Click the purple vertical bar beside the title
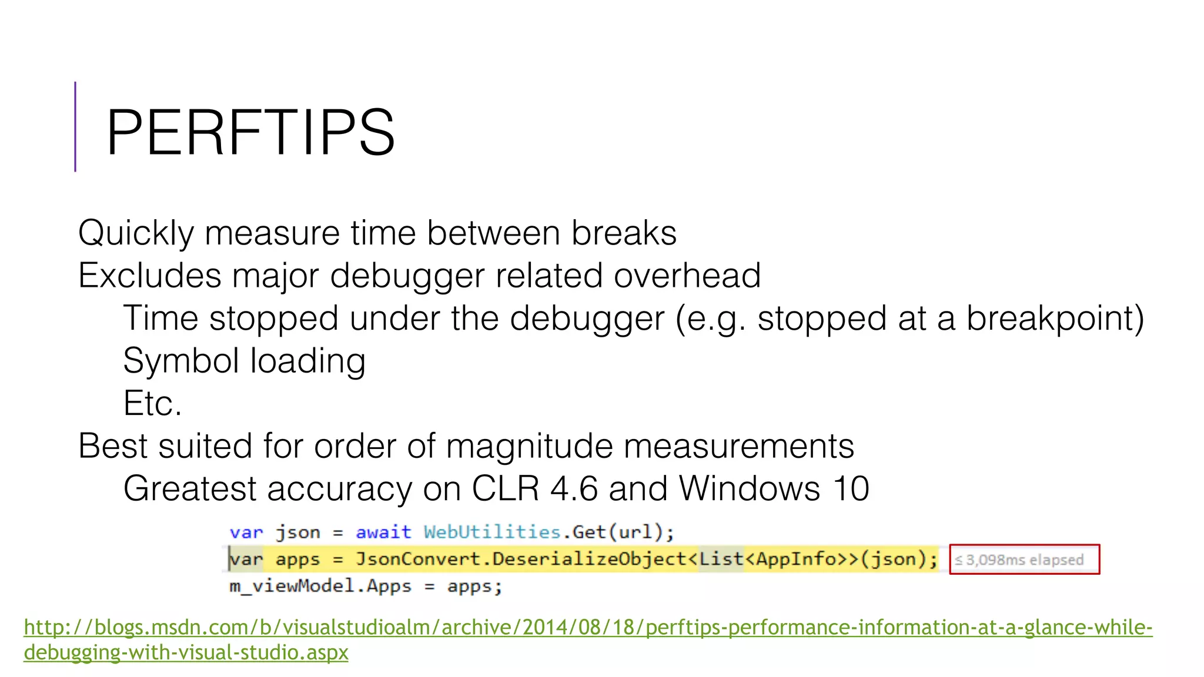pyautogui.click(x=75, y=126)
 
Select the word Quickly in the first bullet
pyautogui.click(x=135, y=233)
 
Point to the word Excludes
pyautogui.click(x=149, y=276)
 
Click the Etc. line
pyautogui.click(x=152, y=404)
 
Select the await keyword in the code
pyautogui.click(x=383, y=532)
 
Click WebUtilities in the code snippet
pyautogui.click(x=492, y=532)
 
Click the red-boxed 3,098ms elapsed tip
pyautogui.click(x=1024, y=559)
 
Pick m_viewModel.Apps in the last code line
pyautogui.click(x=320, y=586)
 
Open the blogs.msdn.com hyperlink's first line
pyautogui.click(x=588, y=628)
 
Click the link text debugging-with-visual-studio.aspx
pyautogui.click(x=186, y=652)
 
